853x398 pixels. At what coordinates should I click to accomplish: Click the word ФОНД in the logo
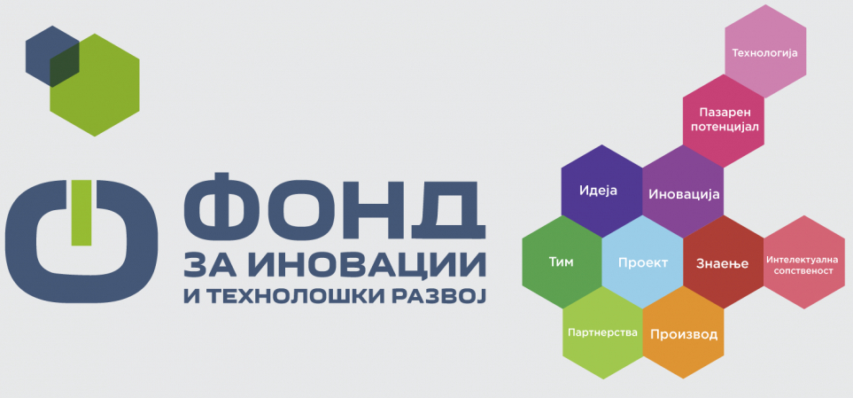point(334,207)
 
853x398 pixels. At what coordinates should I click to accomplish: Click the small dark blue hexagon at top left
point(52,56)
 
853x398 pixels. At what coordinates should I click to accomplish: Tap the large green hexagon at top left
point(95,85)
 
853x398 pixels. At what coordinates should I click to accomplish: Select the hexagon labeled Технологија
point(765,51)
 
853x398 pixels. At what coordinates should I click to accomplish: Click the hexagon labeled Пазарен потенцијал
point(724,121)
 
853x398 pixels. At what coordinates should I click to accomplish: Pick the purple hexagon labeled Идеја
point(601,191)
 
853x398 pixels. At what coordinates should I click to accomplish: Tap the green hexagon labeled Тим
point(562,261)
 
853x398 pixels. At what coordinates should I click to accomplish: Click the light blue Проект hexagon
point(642,261)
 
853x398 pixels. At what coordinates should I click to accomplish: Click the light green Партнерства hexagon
point(602,332)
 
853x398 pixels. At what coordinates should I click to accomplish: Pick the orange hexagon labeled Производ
point(683,332)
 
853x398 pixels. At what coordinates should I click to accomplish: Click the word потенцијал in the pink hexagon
point(724,127)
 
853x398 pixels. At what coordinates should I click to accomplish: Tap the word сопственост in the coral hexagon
point(804,270)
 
